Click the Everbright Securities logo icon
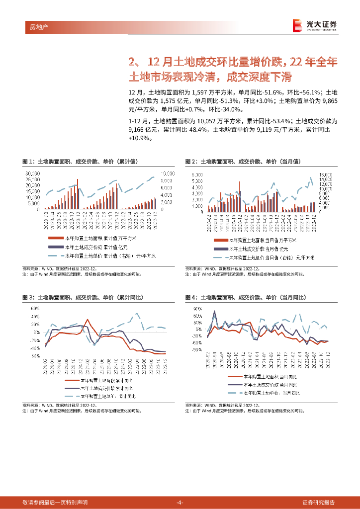[297, 25]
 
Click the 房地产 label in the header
[33, 26]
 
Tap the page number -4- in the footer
[180, 502]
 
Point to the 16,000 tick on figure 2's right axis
[325, 175]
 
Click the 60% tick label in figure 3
[35, 308]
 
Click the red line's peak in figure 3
[88, 320]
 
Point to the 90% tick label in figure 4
[197, 309]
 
